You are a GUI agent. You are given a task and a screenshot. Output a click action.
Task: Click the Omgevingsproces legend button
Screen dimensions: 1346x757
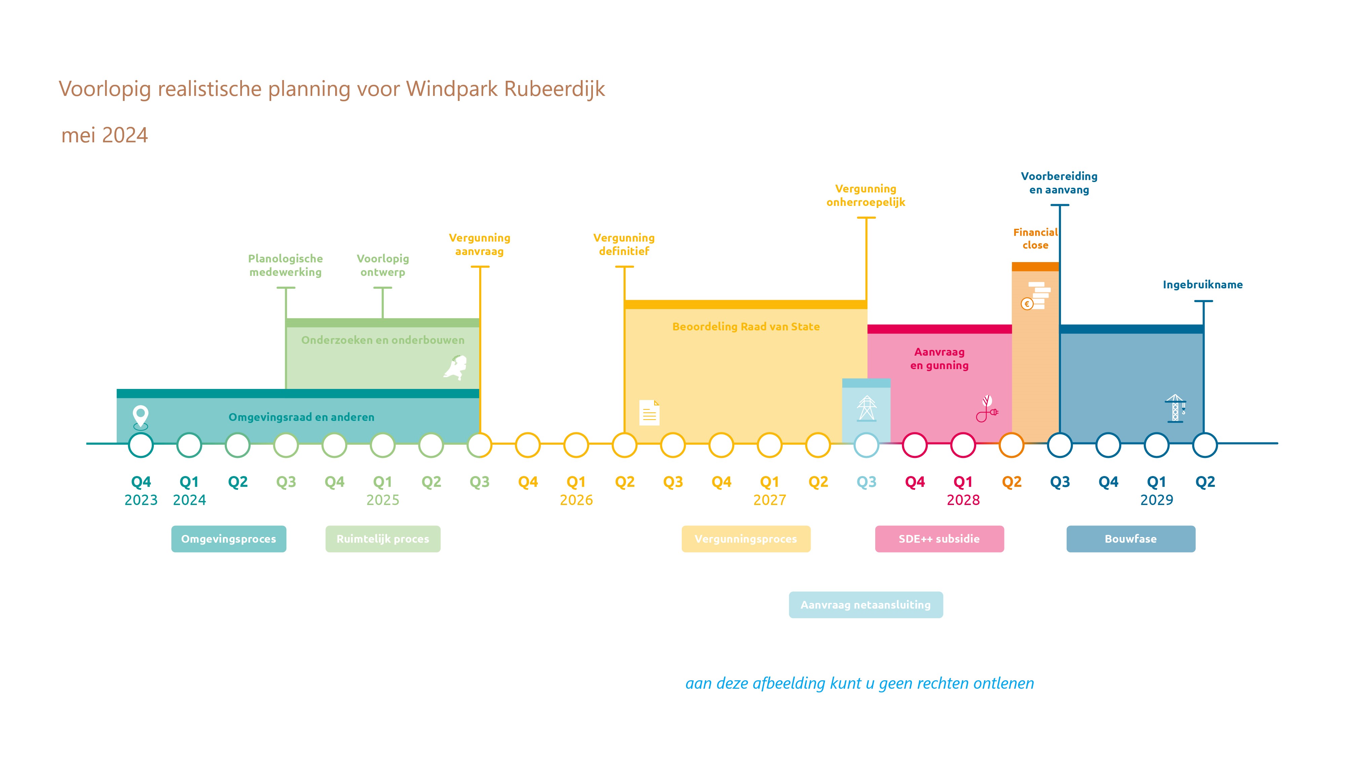coord(228,539)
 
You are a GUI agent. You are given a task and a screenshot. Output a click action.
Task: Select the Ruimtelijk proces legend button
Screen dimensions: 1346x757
coord(383,539)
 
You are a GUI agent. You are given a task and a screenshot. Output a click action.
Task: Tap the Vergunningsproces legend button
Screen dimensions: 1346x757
coord(746,539)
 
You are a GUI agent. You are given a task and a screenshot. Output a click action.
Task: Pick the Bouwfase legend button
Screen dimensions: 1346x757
coord(1131,539)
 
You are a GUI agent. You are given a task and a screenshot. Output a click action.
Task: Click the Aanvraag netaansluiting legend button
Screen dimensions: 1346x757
coord(866,605)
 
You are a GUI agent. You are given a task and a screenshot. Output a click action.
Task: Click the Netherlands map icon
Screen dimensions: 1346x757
coord(456,367)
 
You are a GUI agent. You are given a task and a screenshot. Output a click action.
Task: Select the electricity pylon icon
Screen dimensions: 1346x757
coord(866,408)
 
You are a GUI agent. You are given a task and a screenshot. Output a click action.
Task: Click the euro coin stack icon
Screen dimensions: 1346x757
coord(1036,296)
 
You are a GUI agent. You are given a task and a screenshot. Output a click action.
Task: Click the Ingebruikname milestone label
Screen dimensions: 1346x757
coord(1203,285)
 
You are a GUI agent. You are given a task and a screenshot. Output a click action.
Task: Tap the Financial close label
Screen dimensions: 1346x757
coord(1036,239)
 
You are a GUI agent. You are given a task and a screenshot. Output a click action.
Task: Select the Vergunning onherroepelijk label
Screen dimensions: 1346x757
coord(866,195)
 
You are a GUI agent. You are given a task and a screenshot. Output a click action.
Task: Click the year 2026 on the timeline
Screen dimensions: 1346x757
coord(576,500)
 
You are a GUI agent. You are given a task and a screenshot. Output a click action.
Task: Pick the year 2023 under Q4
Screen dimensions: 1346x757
coord(141,500)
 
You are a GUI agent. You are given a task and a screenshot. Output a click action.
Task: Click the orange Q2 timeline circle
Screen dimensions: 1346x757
coord(1012,445)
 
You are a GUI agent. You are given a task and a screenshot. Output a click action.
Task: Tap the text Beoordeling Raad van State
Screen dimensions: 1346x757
coord(746,326)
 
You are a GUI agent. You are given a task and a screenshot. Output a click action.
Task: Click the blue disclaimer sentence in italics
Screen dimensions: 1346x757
coord(859,683)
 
